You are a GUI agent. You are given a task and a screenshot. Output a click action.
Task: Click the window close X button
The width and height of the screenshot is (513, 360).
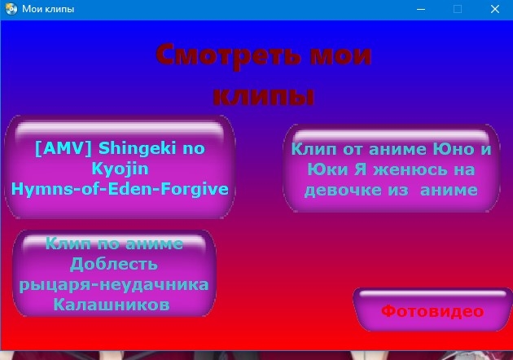[x=495, y=9]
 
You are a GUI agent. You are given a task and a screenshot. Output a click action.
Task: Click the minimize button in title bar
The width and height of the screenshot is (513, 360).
[x=421, y=9]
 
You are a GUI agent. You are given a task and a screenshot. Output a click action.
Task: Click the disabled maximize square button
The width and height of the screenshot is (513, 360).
[x=458, y=9]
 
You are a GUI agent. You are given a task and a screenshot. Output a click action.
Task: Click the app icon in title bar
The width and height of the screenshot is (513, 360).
[x=11, y=9]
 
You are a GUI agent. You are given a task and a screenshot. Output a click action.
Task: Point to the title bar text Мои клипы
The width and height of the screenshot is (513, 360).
[x=48, y=9]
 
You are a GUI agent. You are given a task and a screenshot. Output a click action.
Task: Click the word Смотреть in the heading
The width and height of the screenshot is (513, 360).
[x=228, y=55]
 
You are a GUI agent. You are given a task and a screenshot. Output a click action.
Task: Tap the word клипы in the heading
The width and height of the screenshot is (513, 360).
[x=264, y=97]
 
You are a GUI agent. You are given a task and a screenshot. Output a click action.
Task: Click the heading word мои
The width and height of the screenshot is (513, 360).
[x=340, y=55]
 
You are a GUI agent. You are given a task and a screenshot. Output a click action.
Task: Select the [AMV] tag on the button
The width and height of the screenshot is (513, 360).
[x=64, y=148]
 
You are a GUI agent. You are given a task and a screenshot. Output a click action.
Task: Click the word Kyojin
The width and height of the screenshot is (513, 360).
[x=120, y=169]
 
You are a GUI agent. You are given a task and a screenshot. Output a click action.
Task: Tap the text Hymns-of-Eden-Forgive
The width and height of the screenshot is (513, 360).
[x=120, y=189]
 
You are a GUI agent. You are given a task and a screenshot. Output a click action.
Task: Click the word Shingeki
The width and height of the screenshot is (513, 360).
[x=138, y=148]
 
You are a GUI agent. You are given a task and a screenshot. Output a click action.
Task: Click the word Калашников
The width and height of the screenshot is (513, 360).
[x=112, y=305]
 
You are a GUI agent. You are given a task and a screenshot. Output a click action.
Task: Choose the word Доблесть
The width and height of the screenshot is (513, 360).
[x=114, y=264]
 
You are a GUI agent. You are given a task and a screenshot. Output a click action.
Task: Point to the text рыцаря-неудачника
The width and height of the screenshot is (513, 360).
[x=114, y=284]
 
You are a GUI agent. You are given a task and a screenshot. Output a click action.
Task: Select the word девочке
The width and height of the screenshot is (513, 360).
[x=343, y=191]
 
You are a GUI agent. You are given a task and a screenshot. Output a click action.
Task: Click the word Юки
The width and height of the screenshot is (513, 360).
[x=327, y=169]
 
